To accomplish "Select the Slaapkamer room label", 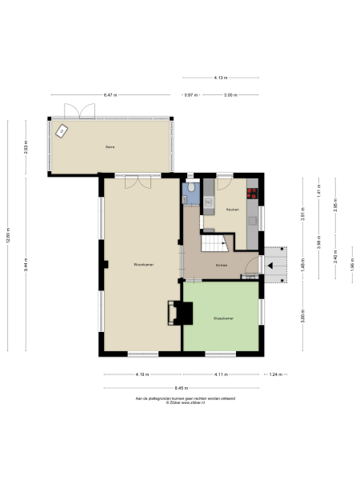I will pyautogui.click(x=222, y=318).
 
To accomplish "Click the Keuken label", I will pyautogui.click(x=233, y=209).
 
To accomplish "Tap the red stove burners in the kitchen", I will pyautogui.click(x=253, y=192).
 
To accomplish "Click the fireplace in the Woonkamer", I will pyautogui.click(x=172, y=313).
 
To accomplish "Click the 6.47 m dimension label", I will pyautogui.click(x=110, y=95).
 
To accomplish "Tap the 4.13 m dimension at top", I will pyautogui.click(x=220, y=78).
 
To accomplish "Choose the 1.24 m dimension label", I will pyautogui.click(x=274, y=374).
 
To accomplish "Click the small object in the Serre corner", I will pyautogui.click(x=60, y=129).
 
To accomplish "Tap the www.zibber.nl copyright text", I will pyautogui.click(x=181, y=403).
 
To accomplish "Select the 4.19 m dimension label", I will pyautogui.click(x=142, y=374).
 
